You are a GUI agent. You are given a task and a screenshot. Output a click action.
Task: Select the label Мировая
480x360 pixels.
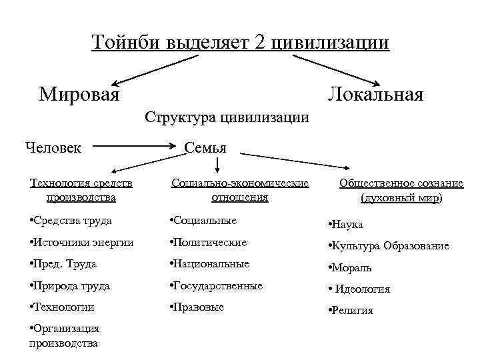pyautogui.click(x=79, y=93)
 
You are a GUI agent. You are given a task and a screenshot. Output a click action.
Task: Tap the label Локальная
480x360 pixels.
pyautogui.click(x=375, y=94)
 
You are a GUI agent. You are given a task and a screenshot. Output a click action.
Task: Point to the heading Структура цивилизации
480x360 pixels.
pyautogui.click(x=227, y=118)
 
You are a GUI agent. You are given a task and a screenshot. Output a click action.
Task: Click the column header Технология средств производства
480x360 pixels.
pyautogui.click(x=82, y=189)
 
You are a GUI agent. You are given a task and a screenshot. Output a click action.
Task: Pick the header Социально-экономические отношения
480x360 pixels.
pyautogui.click(x=239, y=189)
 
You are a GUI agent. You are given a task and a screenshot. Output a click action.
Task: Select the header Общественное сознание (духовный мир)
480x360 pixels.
pyautogui.click(x=392, y=189)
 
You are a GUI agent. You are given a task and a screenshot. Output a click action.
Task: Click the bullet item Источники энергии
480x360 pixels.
pyautogui.click(x=82, y=243)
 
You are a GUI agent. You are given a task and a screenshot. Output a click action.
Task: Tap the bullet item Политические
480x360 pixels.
pyautogui.click(x=208, y=243)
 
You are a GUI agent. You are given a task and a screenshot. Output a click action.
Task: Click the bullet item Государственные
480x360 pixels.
pyautogui.click(x=216, y=285)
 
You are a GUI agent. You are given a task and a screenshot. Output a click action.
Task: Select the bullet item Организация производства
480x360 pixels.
pyautogui.click(x=65, y=336)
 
